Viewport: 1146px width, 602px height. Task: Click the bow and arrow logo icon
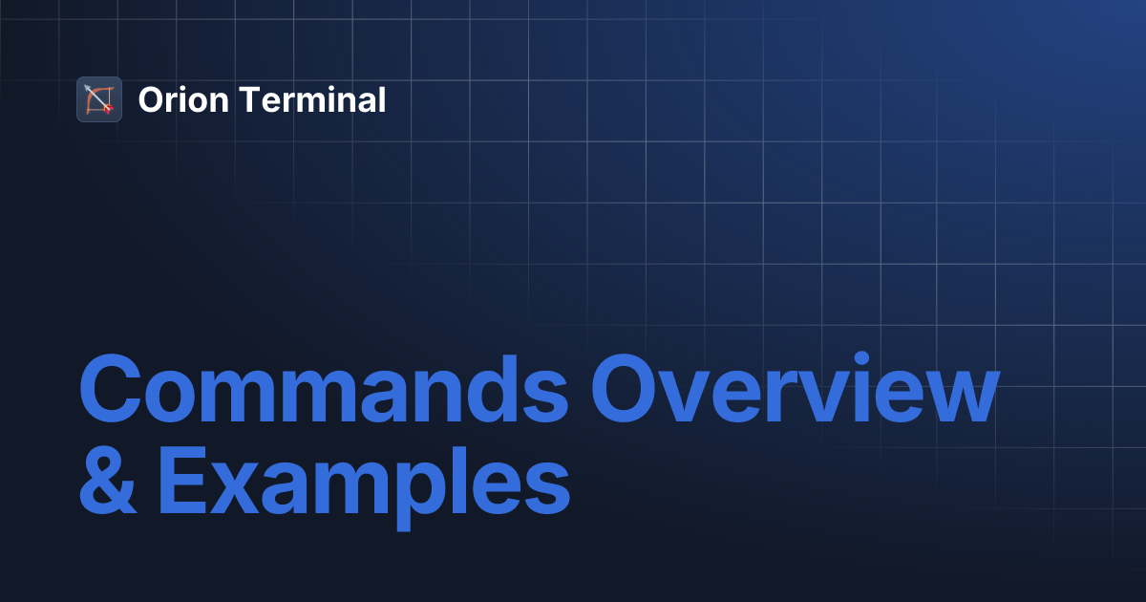click(99, 99)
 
